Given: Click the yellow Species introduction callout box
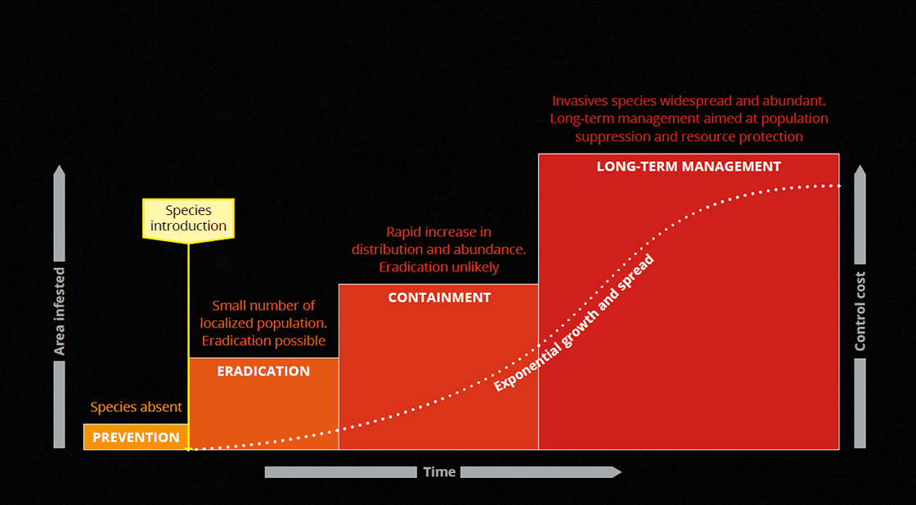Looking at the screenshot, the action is point(188,218).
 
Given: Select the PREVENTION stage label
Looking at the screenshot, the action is point(136,437).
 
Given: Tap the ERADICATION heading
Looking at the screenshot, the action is point(263,371).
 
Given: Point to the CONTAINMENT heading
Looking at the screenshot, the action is point(439,297).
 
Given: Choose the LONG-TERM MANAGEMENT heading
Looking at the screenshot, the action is point(689,167).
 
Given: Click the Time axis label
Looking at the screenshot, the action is point(439,471).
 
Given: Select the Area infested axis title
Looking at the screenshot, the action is point(59,311).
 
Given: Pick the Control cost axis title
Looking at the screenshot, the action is point(860,312).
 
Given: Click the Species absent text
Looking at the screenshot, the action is point(136,407).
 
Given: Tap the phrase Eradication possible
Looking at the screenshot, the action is point(263,341).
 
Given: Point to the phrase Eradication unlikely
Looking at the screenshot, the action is point(439,267).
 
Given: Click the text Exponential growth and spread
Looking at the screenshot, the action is point(573,322).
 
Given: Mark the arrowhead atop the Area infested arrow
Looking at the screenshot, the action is point(59,170).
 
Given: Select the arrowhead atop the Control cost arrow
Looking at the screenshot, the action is point(860,170).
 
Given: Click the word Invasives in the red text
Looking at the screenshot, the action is point(580,100).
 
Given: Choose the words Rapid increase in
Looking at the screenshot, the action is point(438,232).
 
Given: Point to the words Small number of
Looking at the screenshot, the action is point(263,306).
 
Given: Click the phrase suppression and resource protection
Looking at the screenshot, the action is point(689,136).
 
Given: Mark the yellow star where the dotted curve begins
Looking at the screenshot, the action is point(188,449).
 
